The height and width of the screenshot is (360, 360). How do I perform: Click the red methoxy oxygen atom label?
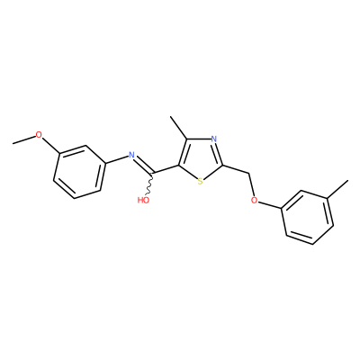click(x=39, y=135)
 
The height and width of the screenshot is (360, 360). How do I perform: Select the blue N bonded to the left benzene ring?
click(x=131, y=155)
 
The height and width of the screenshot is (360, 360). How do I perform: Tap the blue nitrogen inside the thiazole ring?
click(x=213, y=139)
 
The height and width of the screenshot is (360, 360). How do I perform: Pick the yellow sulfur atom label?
click(x=201, y=181)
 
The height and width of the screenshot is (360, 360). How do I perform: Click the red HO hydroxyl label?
click(x=143, y=200)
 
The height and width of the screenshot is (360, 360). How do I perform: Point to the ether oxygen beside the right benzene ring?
click(x=255, y=200)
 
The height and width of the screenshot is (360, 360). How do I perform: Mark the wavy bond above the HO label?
click(x=149, y=184)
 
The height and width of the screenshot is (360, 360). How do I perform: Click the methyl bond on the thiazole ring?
click(x=179, y=128)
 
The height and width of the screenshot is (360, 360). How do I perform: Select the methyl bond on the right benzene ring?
click(x=338, y=189)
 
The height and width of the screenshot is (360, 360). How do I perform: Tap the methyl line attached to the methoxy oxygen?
click(x=24, y=139)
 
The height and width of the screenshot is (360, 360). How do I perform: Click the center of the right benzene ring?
click(x=308, y=218)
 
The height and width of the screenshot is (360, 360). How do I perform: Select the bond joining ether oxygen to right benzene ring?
click(x=270, y=205)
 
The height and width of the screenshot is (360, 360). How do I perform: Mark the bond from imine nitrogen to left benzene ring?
click(x=117, y=159)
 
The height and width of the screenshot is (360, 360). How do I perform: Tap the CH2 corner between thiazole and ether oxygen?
click(x=249, y=173)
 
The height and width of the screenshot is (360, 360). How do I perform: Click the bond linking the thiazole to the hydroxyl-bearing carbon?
click(x=166, y=169)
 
